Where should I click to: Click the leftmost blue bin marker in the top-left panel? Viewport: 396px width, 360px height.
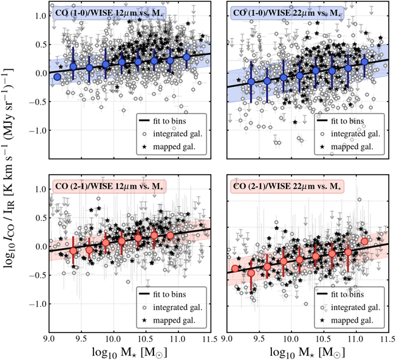57,77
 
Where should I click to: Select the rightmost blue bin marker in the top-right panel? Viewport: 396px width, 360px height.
364,61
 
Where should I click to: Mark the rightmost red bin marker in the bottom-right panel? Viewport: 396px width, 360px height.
364,241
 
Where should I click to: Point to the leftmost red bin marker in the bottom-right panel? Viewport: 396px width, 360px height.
235,268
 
